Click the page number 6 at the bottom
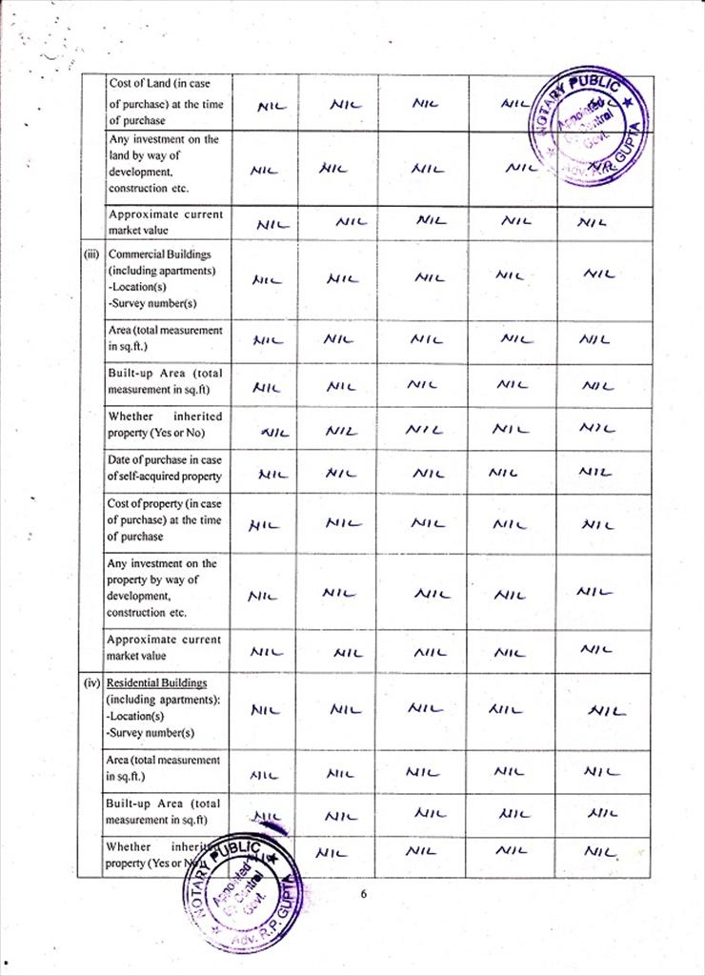(364, 894)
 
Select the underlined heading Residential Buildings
(156, 683)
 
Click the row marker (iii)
(91, 254)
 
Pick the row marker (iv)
(91, 683)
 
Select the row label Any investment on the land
(163, 139)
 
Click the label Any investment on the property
(162, 563)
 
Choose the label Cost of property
(143, 503)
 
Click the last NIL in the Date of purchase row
(595, 472)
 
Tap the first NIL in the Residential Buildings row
(266, 711)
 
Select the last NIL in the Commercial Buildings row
(599, 274)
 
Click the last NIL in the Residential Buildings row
(607, 711)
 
